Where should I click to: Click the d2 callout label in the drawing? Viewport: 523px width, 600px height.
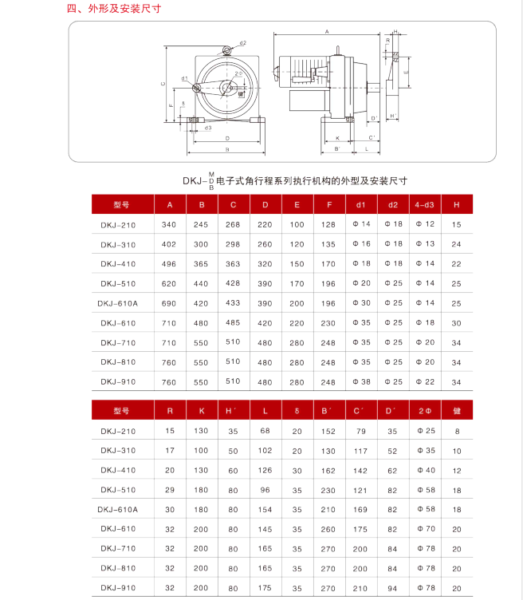point(242,43)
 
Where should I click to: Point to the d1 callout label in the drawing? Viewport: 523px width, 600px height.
point(184,78)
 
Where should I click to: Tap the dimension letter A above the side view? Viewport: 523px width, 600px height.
point(327,32)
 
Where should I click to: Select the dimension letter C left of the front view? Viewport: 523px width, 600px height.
point(163,84)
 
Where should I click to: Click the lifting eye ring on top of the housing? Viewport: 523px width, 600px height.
point(228,51)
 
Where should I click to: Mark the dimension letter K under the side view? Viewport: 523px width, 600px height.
point(337,137)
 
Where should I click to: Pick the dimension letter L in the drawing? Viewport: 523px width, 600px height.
point(366,148)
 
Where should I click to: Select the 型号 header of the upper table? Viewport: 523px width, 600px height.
point(121,205)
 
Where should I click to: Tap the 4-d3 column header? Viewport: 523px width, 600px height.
point(425,205)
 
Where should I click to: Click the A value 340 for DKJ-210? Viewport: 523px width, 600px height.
point(169,225)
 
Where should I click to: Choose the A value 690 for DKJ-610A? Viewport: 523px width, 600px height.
point(169,303)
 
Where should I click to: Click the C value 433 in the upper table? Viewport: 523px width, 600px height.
point(233,303)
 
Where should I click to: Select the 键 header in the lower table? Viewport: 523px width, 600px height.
point(457,412)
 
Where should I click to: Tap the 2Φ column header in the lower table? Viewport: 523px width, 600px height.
point(425,412)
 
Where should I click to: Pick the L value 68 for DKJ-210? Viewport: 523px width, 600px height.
point(265,432)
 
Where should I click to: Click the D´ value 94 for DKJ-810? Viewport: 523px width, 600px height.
point(392,568)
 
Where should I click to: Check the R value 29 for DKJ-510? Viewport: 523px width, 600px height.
point(169,490)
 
